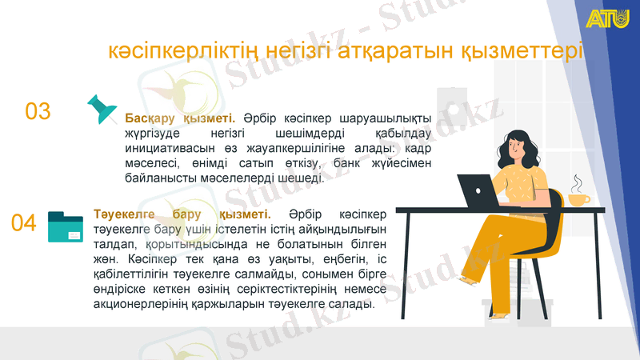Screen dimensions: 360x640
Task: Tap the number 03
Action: (x=38, y=111)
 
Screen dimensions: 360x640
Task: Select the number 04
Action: (x=24, y=223)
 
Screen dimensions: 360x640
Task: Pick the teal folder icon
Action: (x=66, y=227)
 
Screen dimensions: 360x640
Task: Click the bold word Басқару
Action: (x=153, y=118)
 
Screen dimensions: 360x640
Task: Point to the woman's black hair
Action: (x=517, y=144)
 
